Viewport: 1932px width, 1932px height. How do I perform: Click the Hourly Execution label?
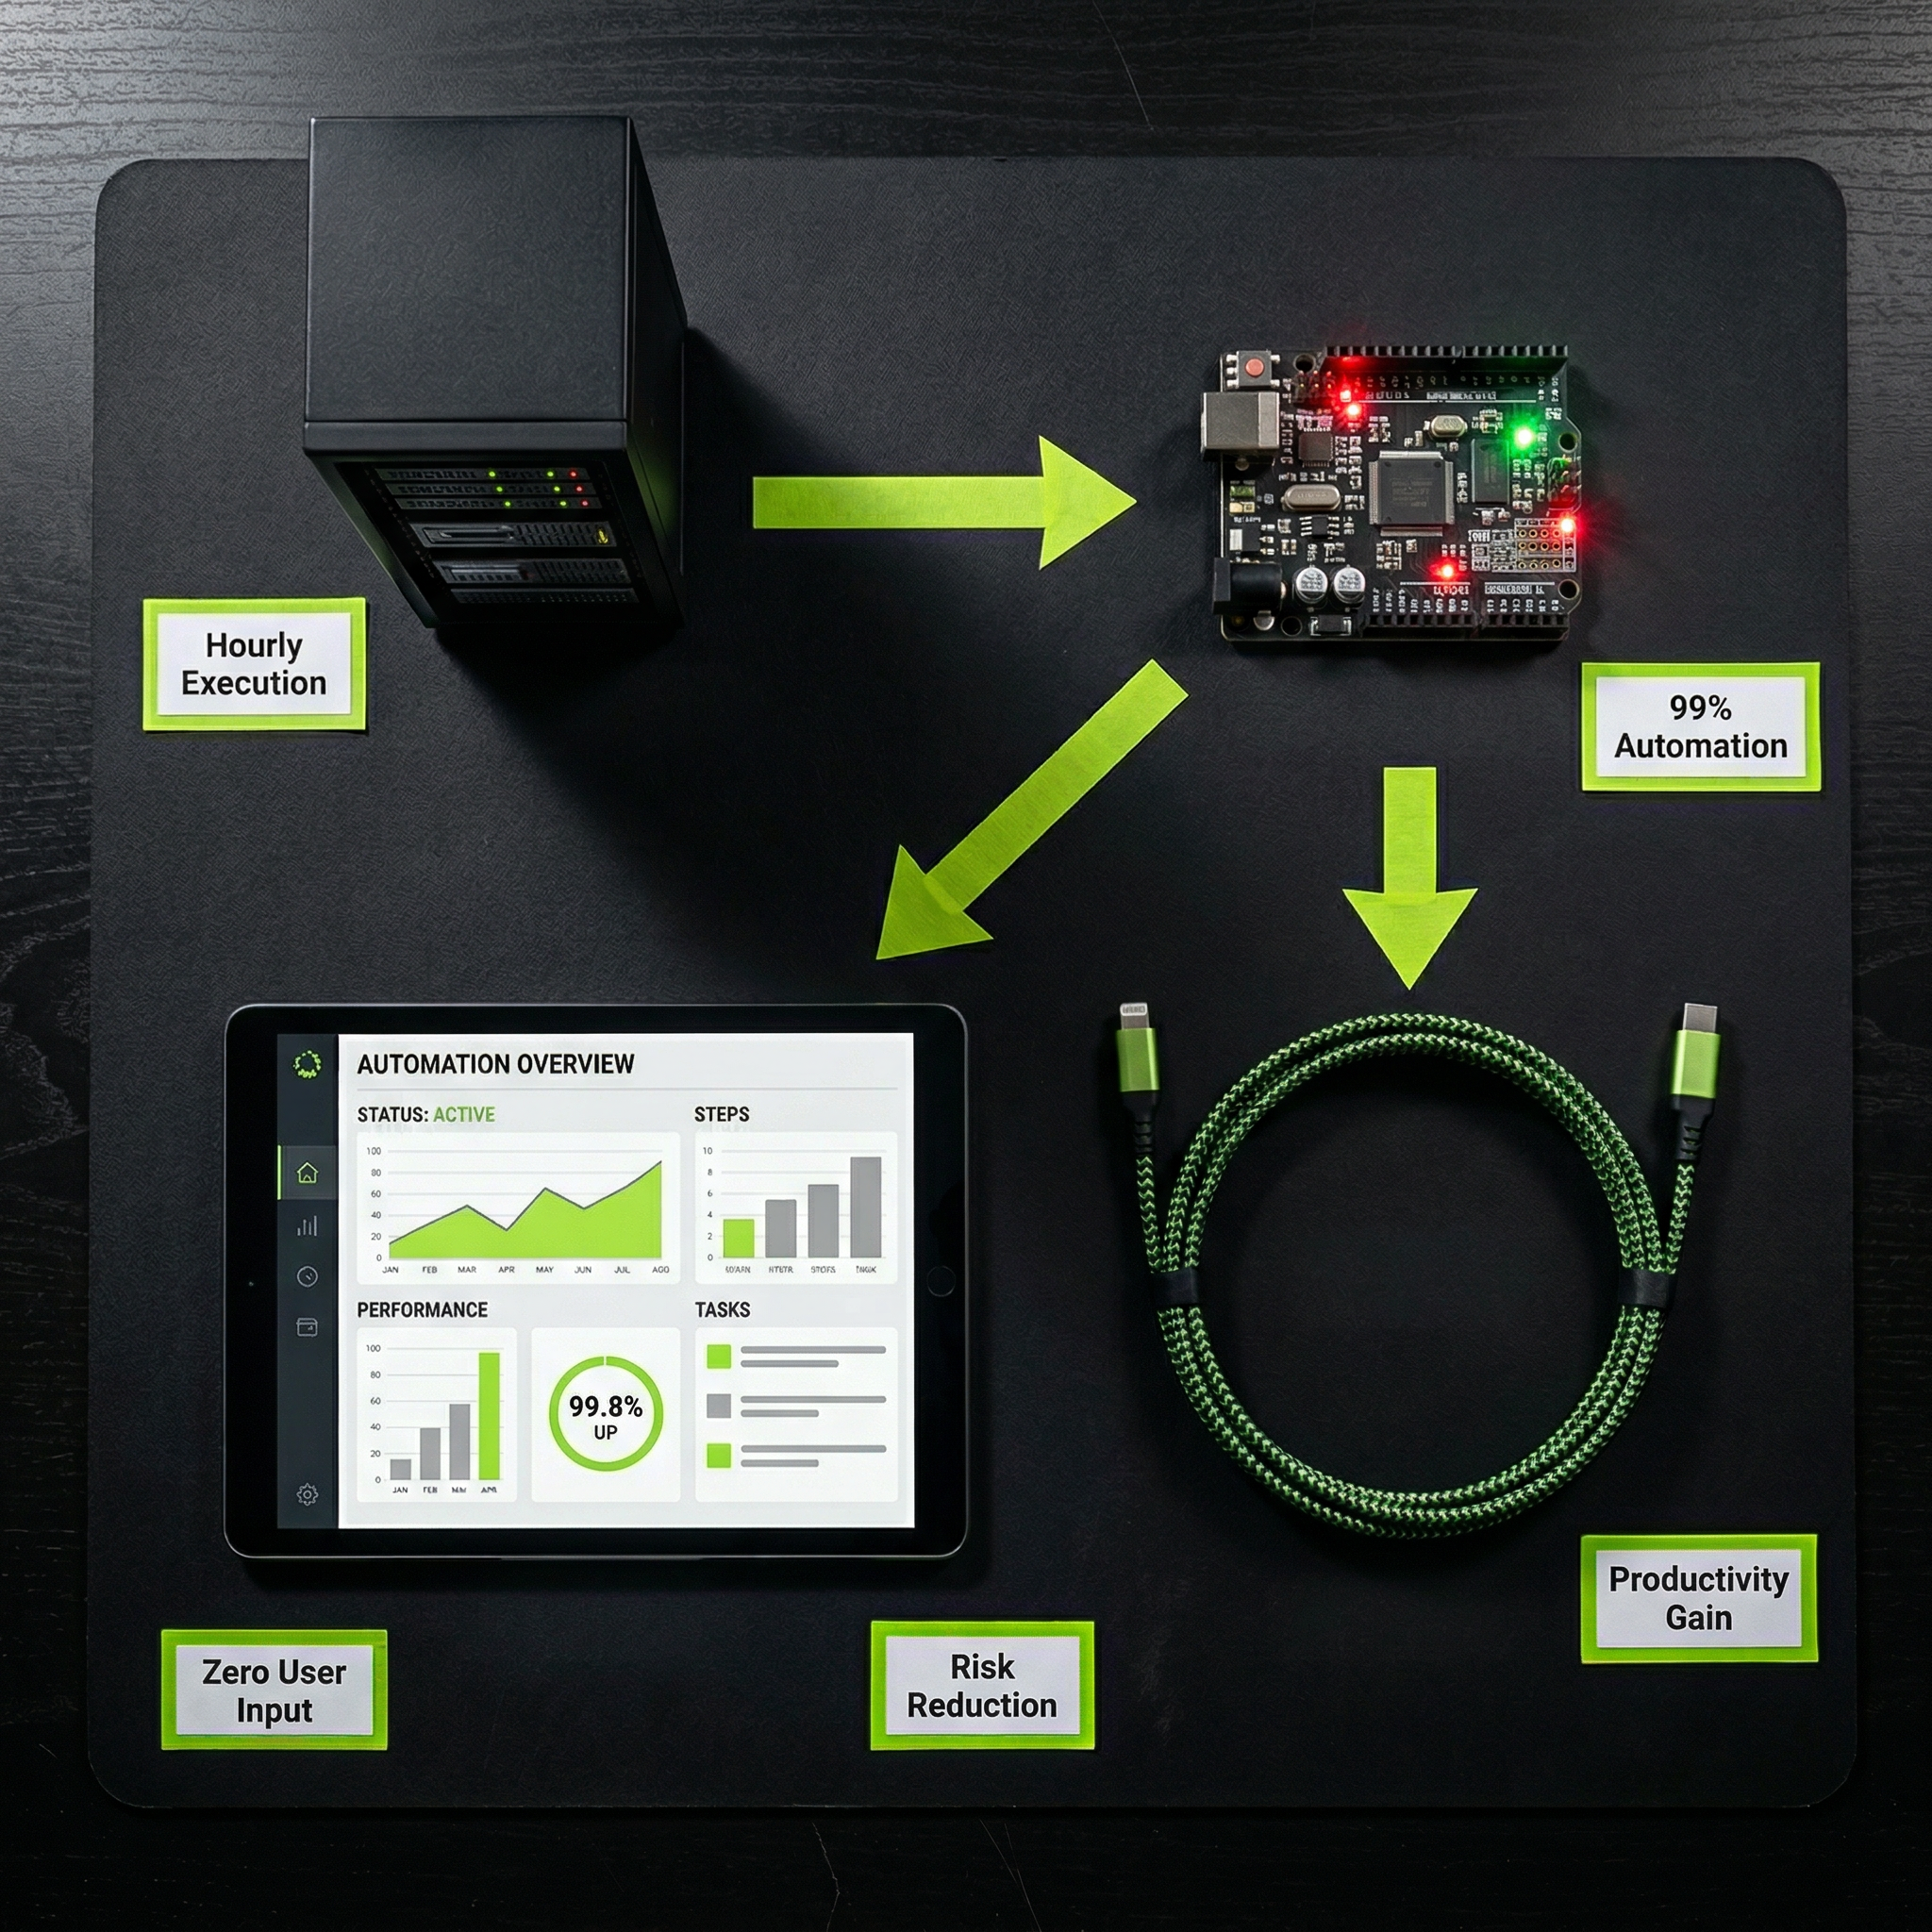pos(254,664)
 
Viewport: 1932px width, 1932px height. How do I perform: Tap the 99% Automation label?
pos(1700,727)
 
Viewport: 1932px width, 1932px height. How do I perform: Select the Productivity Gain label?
pos(1698,1598)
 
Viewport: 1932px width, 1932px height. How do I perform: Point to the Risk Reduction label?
pos(982,1686)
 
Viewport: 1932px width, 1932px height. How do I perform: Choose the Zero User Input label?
pos(274,1690)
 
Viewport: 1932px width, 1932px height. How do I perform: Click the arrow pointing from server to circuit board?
pos(940,502)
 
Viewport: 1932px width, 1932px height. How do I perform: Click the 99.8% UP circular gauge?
pos(605,1413)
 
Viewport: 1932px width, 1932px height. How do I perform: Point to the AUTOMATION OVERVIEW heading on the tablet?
pos(495,1064)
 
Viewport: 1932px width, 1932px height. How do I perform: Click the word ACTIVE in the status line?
pos(463,1114)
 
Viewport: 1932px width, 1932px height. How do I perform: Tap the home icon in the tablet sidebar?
pos(307,1173)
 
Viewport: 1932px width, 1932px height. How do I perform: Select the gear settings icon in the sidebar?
pos(307,1495)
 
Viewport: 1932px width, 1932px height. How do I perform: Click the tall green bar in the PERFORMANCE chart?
pos(489,1415)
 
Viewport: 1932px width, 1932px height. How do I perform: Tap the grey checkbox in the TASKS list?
pos(718,1406)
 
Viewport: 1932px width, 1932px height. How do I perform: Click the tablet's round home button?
pos(940,1280)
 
